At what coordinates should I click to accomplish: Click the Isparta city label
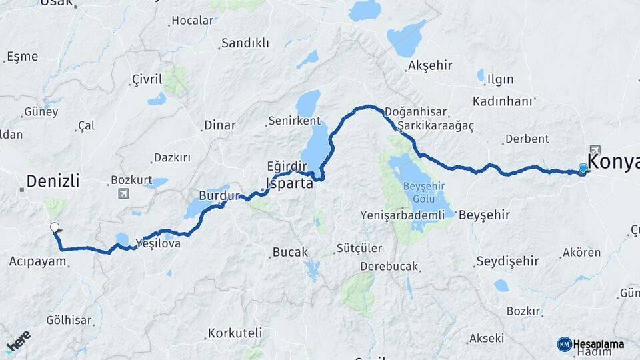click(289, 183)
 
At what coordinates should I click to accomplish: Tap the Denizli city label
click(53, 181)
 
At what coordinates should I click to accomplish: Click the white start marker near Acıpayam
click(55, 227)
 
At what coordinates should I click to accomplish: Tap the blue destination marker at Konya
click(583, 168)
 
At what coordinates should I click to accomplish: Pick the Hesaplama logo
click(591, 344)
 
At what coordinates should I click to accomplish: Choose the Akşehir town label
click(429, 65)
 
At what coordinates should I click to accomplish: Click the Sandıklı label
click(245, 43)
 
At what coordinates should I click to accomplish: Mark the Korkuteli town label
click(235, 333)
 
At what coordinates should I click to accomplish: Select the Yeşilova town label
click(157, 244)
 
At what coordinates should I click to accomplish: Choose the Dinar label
click(220, 125)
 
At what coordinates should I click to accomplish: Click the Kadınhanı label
click(503, 101)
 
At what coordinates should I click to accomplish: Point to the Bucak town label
click(290, 253)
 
